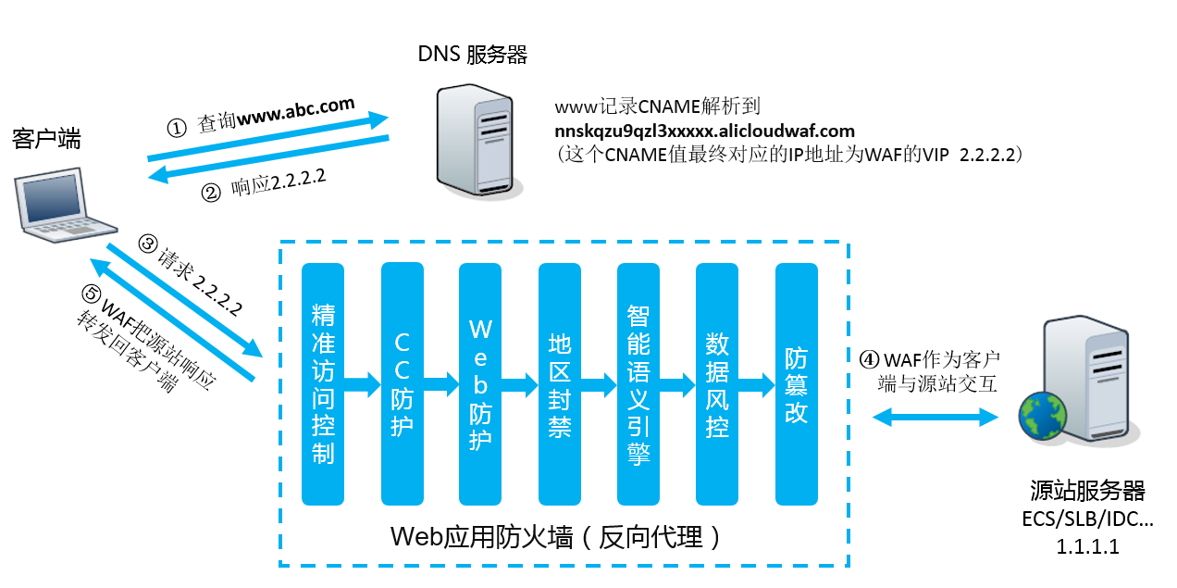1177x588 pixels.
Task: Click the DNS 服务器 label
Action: click(473, 55)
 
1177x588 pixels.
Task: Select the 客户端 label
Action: click(46, 140)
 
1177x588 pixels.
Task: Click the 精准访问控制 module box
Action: click(323, 383)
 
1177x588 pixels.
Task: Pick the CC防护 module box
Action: click(402, 383)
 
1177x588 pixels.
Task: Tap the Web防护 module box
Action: click(480, 383)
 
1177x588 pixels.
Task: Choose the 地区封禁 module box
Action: click(559, 383)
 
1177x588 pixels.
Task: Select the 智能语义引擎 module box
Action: click(638, 383)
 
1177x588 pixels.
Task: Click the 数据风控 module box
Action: click(717, 383)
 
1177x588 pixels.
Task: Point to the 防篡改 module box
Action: click(796, 383)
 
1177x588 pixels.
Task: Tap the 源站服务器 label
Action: click(1088, 490)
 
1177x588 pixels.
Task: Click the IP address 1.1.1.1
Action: click(1088, 546)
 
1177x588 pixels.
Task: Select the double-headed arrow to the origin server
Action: click(938, 417)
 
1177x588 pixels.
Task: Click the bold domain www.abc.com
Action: click(296, 111)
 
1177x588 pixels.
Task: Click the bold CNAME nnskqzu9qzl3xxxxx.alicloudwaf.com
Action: click(704, 131)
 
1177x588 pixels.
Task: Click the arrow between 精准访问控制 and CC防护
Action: click(363, 380)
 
